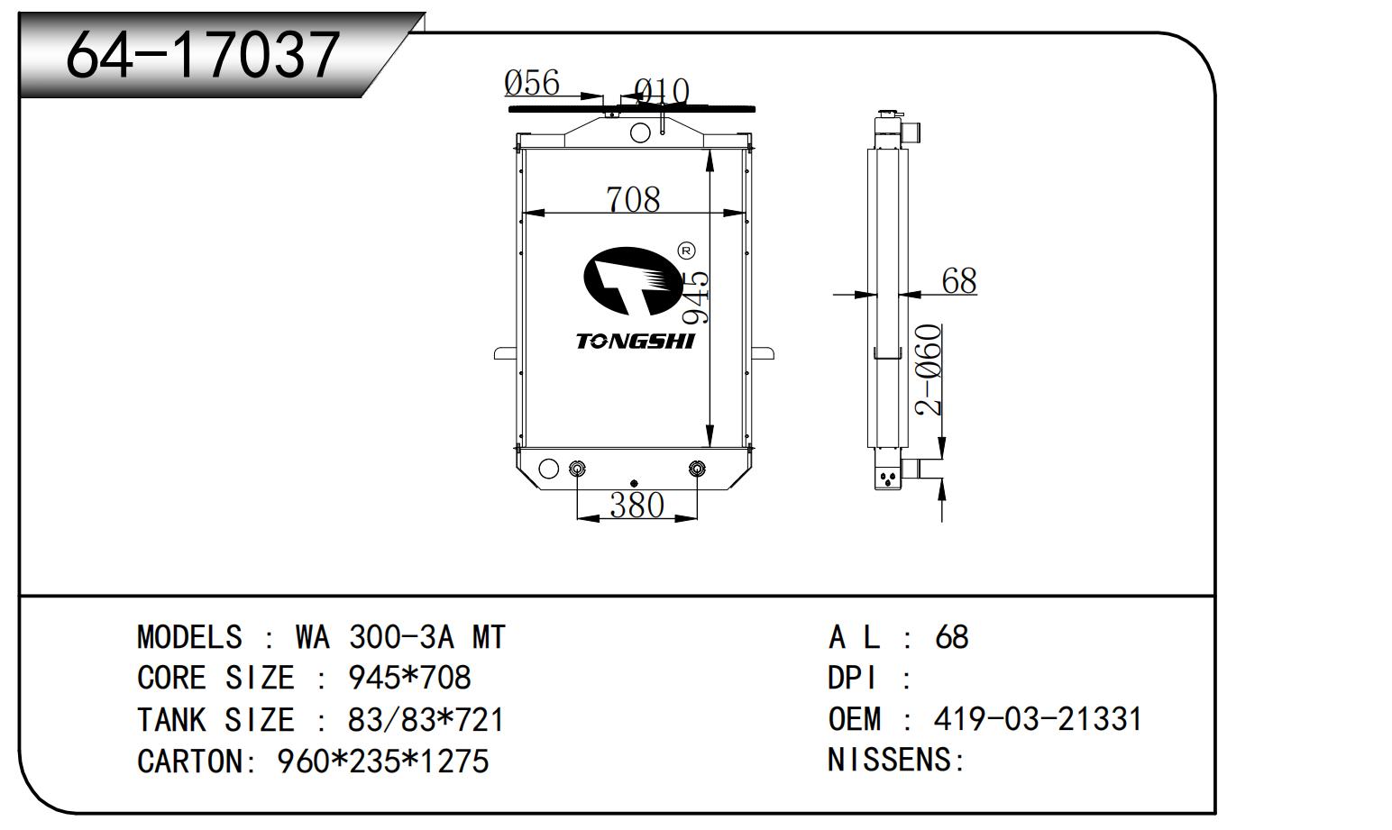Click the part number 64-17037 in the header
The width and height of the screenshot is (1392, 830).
[203, 54]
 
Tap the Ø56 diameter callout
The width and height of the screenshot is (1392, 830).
[532, 83]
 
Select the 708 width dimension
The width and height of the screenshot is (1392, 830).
[633, 199]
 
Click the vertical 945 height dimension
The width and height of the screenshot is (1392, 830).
[696, 297]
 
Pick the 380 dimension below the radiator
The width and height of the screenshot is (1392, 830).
[636, 506]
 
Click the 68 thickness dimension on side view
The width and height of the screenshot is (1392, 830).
[958, 281]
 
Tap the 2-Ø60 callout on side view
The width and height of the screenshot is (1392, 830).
[930, 369]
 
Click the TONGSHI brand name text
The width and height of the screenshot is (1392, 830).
[636, 341]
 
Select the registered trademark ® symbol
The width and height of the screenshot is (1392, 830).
[685, 251]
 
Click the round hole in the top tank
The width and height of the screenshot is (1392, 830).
[640, 133]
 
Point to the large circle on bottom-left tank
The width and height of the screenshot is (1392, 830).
[548, 469]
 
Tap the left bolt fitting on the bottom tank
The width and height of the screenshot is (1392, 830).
[578, 469]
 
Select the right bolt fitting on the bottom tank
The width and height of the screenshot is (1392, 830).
[696, 469]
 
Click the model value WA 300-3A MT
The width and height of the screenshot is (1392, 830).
[400, 637]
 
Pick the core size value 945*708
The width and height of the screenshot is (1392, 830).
[409, 678]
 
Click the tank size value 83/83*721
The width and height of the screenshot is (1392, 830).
[426, 720]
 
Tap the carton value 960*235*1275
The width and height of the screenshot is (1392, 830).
[382, 762]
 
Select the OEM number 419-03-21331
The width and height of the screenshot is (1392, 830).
[1038, 719]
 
